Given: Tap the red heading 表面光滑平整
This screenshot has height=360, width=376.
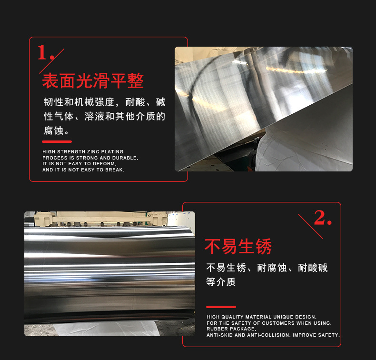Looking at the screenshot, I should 93,81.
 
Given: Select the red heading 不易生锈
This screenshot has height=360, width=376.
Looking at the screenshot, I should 238,247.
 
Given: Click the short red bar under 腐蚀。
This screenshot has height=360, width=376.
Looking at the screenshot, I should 57,141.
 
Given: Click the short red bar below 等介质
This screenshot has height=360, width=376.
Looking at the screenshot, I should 221,307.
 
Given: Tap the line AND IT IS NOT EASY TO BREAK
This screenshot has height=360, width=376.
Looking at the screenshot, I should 83,170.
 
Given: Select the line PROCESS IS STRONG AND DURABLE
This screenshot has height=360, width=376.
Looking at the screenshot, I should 90,158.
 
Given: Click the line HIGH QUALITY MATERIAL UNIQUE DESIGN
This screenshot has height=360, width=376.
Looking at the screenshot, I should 261,317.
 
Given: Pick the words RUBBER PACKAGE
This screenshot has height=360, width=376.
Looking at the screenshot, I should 231,329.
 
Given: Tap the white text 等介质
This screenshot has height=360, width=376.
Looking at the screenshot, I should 221,282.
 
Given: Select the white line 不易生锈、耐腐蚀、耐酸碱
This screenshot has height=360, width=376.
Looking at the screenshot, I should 267,268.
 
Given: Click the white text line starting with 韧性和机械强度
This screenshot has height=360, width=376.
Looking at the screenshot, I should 104,102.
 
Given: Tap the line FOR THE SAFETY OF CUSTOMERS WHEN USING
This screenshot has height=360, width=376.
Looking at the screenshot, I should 269,323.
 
